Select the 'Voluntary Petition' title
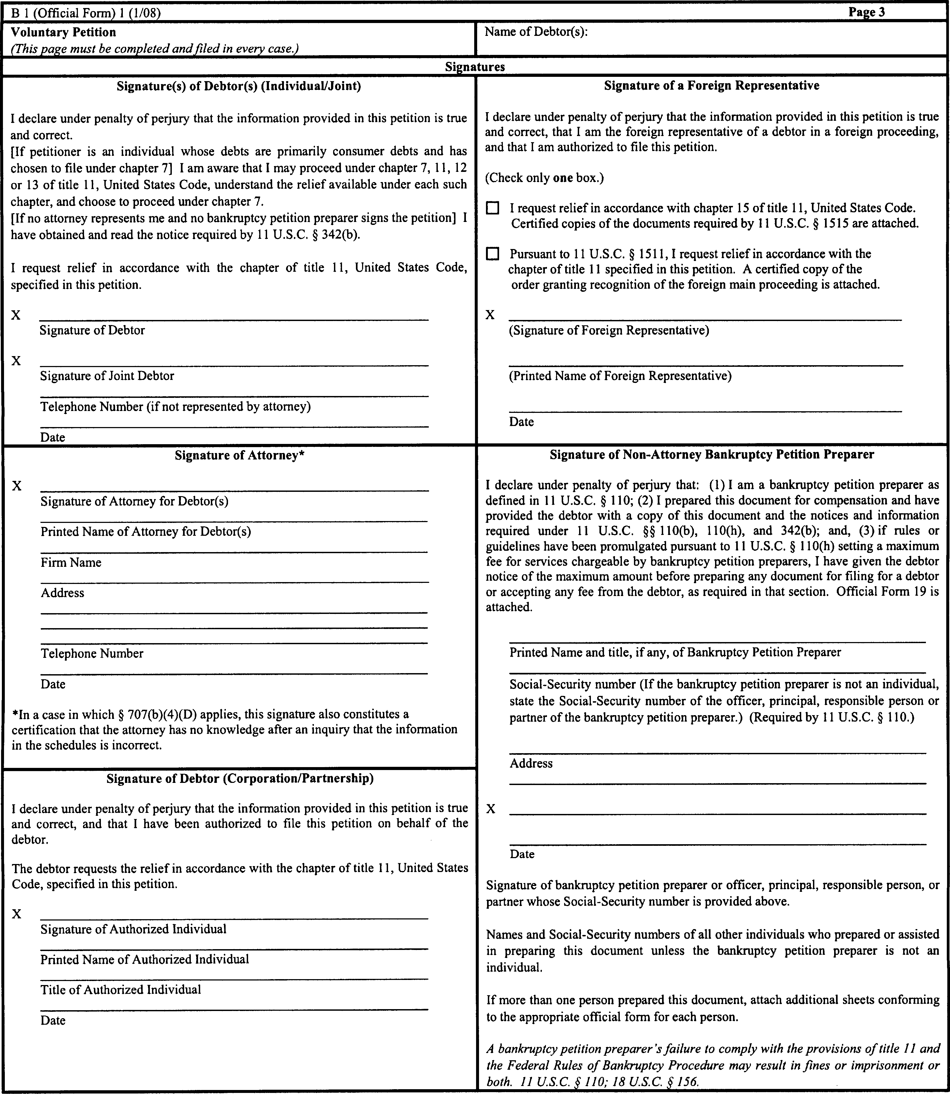[63, 32]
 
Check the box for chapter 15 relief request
[492, 208]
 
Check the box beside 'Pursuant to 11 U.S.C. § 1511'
[492, 254]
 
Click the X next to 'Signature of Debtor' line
[16, 315]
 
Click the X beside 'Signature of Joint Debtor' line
[16, 361]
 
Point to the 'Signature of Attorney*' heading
[239, 455]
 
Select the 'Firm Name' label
[71, 562]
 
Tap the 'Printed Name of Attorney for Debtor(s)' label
[146, 531]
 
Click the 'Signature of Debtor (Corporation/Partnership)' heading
[240, 779]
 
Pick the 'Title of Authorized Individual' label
[121, 990]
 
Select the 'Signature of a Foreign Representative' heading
[712, 85]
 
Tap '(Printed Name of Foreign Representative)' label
[620, 376]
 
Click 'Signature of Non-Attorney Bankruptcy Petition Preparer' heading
[712, 454]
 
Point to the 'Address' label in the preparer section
[531, 763]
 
